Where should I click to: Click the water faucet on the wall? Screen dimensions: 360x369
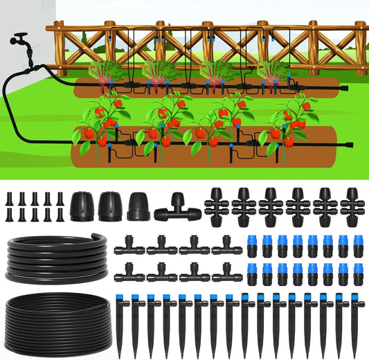coord(21,41)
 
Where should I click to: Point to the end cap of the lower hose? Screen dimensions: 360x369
coord(350,145)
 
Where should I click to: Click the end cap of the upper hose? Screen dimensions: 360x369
coord(344,88)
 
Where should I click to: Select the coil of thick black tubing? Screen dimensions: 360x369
coord(52,256)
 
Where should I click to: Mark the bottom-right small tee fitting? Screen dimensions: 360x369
coord(226,274)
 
